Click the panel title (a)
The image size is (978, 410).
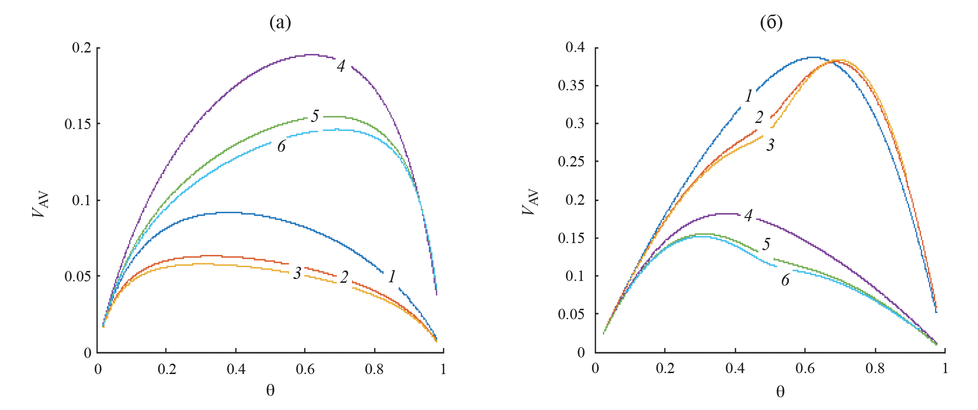[280, 23]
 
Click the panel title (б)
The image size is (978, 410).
[771, 23]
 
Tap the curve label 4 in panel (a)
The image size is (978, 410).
[341, 66]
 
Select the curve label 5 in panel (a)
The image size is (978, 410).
[315, 116]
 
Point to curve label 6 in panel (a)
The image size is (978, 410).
[282, 147]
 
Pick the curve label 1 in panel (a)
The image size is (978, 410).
[392, 277]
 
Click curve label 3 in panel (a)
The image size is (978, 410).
[297, 273]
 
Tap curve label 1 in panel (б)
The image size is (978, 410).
[749, 96]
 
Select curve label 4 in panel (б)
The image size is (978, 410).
[748, 216]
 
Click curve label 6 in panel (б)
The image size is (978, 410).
[785, 280]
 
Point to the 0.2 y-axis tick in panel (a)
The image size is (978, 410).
[82, 48]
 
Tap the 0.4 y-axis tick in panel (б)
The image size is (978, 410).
[576, 47]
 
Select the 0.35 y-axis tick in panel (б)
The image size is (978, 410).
[572, 86]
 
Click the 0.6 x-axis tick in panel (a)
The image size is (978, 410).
[305, 369]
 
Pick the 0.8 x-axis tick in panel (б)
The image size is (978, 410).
[875, 368]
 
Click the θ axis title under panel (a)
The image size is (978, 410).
[270, 391]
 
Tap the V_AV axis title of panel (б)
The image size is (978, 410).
[530, 202]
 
